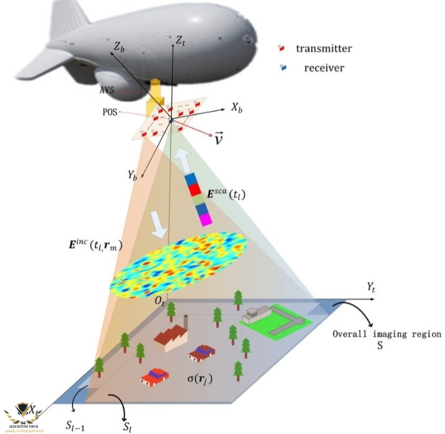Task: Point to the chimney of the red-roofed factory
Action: tap(185, 326)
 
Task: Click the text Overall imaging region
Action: tap(387, 334)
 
